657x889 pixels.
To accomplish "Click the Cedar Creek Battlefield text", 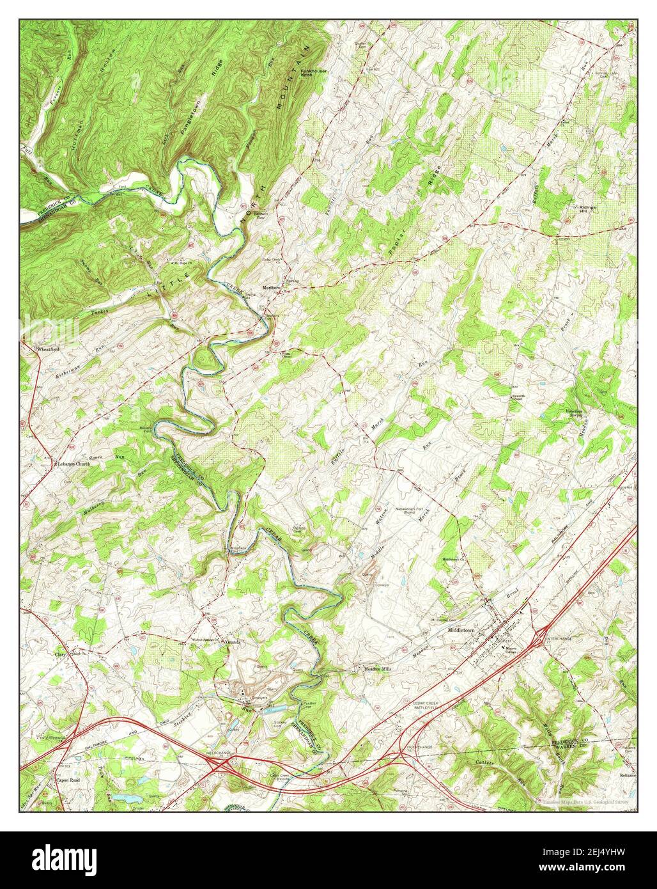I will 418,705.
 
